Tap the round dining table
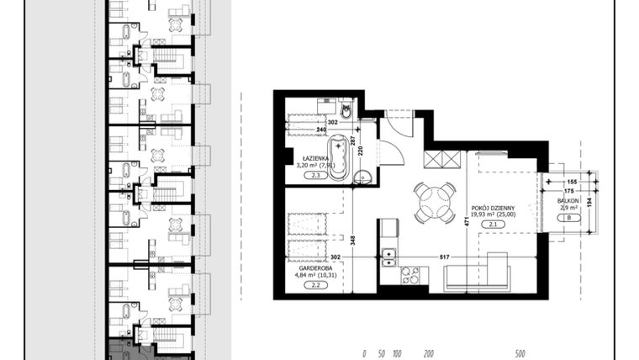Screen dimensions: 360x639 [x=434, y=203]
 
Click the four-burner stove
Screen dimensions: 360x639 [x=411, y=275]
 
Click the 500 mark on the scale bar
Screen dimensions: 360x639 [x=520, y=354]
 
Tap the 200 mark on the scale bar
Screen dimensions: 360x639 [x=427, y=354]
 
